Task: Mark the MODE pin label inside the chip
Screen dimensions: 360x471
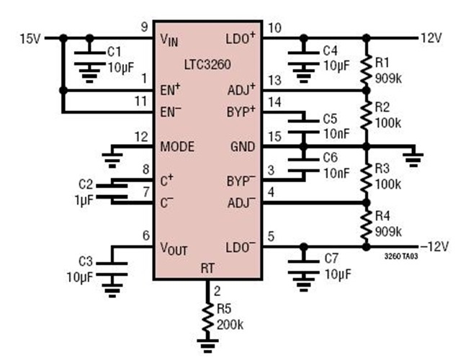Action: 176,146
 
